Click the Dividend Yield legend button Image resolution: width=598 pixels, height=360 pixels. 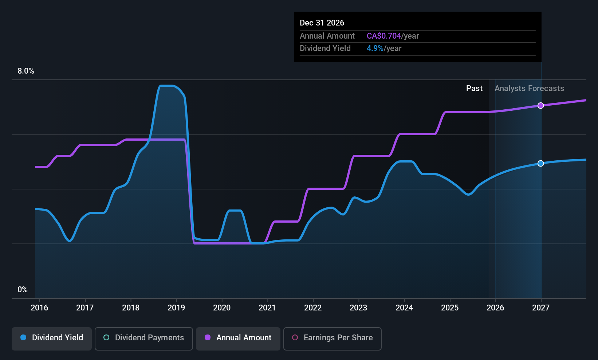tap(52, 338)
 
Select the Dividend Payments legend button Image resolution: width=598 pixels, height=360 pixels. tap(143, 338)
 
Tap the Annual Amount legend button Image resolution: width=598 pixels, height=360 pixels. tap(238, 338)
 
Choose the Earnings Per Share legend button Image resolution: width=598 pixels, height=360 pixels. tap(332, 338)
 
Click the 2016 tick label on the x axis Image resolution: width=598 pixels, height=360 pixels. tap(39, 308)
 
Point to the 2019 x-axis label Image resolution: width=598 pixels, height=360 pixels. tap(176, 308)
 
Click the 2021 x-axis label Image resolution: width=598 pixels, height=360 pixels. tap(267, 308)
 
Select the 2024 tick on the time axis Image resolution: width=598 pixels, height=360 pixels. tap(404, 308)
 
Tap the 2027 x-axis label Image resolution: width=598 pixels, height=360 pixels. tap(541, 308)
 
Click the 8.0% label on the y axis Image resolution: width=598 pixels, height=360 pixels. tap(26, 71)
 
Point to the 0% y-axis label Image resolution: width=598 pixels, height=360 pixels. tap(23, 290)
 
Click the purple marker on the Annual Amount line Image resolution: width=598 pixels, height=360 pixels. tap(541, 106)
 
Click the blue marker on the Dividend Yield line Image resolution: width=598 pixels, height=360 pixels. tap(541, 163)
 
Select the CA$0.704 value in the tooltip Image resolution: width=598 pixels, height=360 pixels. tap(384, 36)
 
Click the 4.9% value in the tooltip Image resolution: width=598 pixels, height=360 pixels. tap(375, 48)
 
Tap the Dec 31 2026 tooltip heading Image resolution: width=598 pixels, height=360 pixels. tap(322, 23)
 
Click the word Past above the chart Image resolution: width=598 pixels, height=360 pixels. tap(474, 89)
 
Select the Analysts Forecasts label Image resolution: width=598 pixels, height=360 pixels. tap(529, 89)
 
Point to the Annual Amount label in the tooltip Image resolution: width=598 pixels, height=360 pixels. tap(327, 36)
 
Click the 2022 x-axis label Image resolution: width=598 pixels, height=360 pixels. tap(313, 308)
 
